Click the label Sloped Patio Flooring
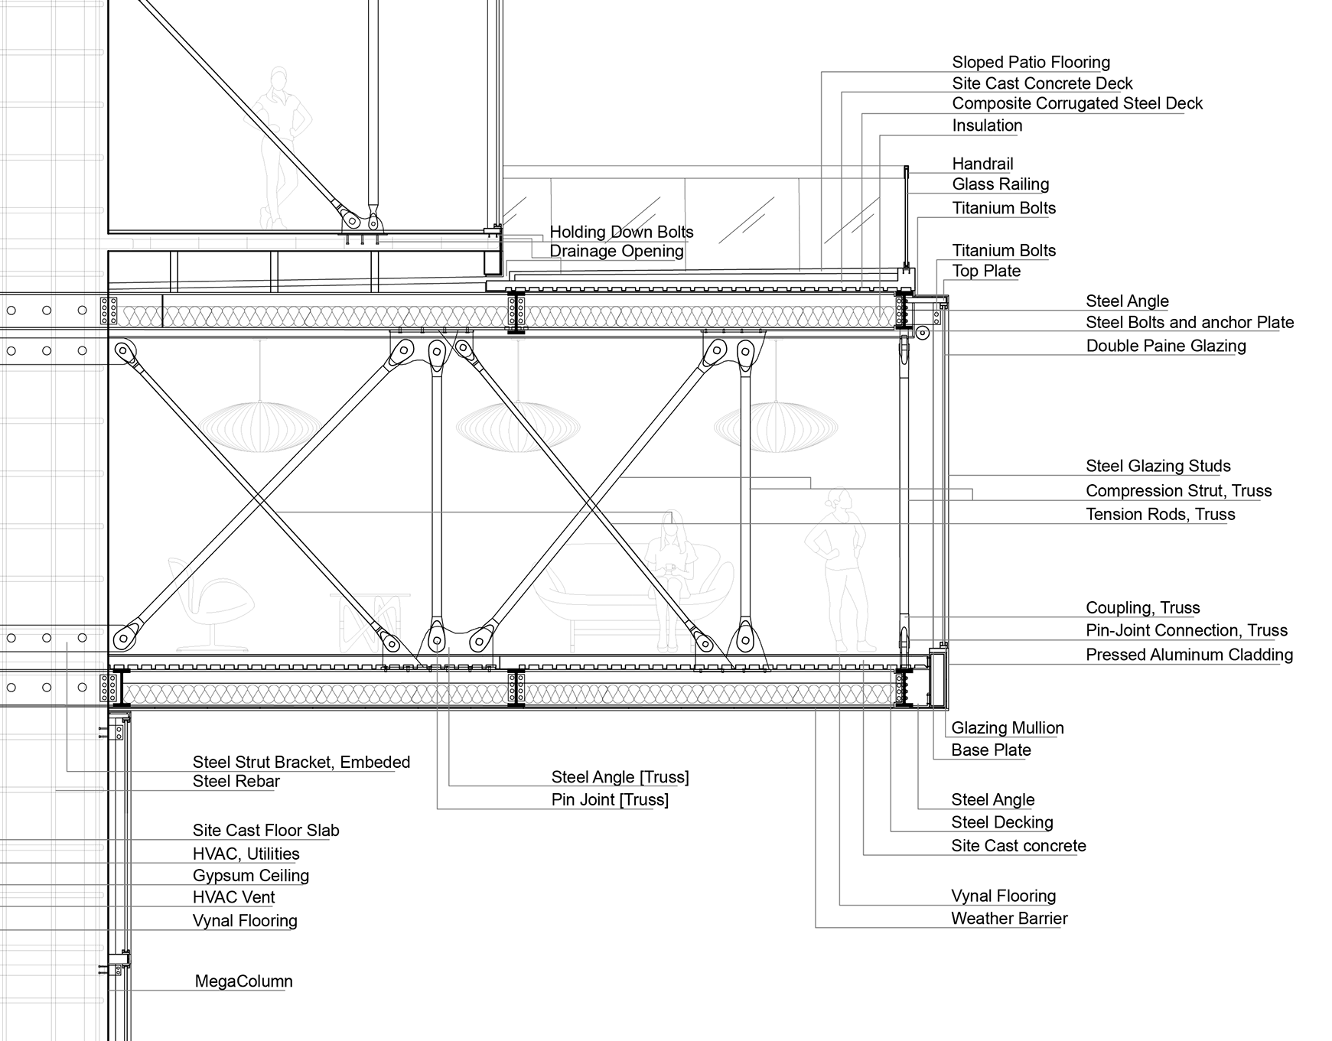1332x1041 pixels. point(1031,63)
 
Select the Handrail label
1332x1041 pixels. point(982,164)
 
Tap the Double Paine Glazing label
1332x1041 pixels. point(1165,346)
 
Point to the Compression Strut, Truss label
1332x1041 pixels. point(1178,491)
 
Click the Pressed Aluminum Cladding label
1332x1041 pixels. point(1189,655)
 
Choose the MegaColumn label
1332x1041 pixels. point(243,981)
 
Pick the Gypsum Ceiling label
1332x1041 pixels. point(250,876)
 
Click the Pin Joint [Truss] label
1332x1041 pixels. point(610,800)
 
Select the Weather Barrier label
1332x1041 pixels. point(1009,919)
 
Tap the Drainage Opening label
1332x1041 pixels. point(616,252)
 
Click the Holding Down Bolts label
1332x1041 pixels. point(621,232)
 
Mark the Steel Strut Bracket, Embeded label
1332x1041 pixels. point(301,762)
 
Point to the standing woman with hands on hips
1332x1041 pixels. point(837,566)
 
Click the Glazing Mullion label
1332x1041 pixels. point(1007,728)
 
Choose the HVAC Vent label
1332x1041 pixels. point(233,897)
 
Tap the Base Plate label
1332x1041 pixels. point(991,750)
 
